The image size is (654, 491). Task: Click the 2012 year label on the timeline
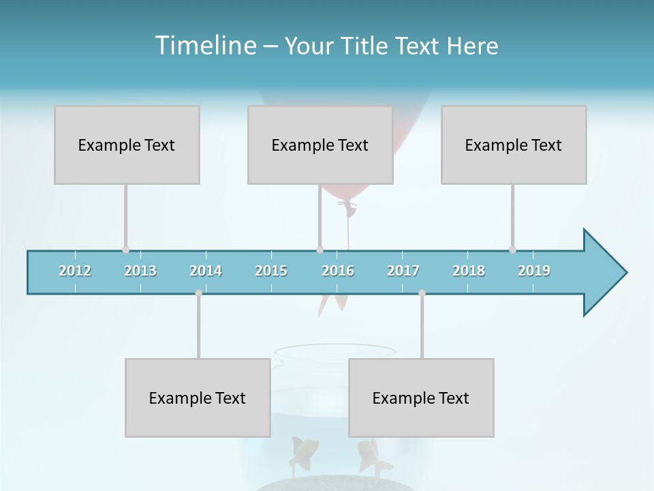(x=75, y=271)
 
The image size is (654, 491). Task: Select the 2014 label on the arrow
(x=206, y=271)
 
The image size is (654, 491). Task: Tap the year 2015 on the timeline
(x=271, y=271)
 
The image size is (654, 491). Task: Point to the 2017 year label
(x=403, y=271)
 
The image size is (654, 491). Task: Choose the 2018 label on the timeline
(x=469, y=271)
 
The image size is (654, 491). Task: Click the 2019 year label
(x=534, y=271)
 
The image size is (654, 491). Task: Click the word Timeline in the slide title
(x=204, y=46)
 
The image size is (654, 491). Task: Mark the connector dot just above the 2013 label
(x=125, y=250)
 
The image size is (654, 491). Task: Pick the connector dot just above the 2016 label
(x=320, y=250)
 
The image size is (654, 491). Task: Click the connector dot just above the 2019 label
(x=512, y=250)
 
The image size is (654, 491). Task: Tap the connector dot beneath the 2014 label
(x=198, y=293)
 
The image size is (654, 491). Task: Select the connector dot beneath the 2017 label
(x=422, y=293)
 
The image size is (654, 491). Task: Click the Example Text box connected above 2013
(x=127, y=145)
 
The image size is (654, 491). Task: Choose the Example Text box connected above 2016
(x=320, y=145)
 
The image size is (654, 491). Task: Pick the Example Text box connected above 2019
(x=514, y=145)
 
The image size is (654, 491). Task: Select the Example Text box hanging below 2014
(x=198, y=398)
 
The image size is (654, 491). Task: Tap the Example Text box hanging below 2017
(x=421, y=398)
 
